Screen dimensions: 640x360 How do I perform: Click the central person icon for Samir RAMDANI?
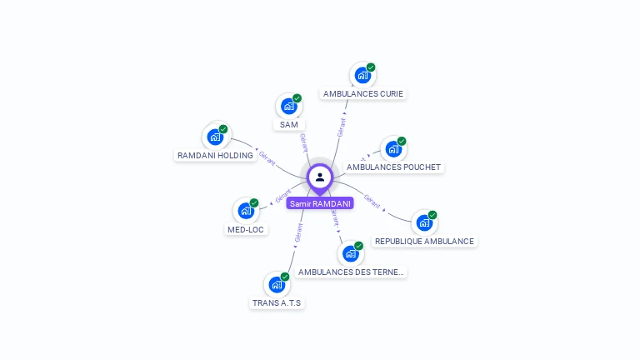click(x=320, y=177)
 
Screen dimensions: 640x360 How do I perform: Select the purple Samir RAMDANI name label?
click(x=320, y=203)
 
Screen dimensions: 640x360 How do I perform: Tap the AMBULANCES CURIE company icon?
click(x=362, y=75)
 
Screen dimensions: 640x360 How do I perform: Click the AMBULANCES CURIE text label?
click(x=362, y=94)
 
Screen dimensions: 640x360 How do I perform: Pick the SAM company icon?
click(x=288, y=106)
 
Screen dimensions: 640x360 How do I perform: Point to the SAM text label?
click(x=289, y=125)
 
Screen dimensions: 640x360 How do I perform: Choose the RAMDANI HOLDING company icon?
click(x=215, y=137)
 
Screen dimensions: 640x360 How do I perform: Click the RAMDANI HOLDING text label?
click(x=215, y=156)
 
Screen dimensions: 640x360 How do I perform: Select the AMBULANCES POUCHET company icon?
click(x=393, y=149)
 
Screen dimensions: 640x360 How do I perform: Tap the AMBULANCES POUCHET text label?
click(x=393, y=167)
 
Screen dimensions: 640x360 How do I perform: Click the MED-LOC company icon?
click(x=247, y=211)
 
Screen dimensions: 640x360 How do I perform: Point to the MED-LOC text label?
click(x=247, y=230)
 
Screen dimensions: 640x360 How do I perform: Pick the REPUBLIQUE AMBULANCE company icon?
click(x=424, y=222)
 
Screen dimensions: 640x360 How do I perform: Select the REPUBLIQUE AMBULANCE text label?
click(x=424, y=242)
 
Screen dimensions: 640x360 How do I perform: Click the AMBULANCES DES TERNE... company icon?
click(x=352, y=253)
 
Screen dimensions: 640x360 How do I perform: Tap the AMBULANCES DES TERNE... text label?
click(x=352, y=272)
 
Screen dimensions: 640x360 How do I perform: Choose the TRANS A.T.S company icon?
click(x=277, y=284)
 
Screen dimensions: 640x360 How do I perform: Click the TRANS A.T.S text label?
click(x=277, y=303)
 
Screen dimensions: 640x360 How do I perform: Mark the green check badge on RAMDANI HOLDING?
click(x=223, y=129)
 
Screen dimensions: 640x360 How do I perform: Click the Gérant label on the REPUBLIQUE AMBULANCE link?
click(x=372, y=201)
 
